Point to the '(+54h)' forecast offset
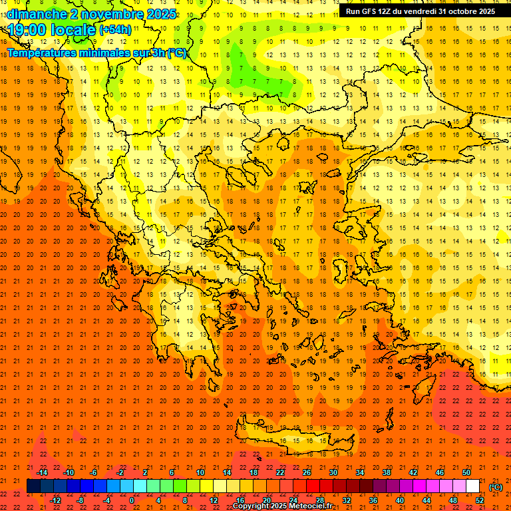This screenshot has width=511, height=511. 115,31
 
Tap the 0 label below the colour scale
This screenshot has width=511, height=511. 132,500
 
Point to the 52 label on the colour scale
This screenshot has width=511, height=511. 480,500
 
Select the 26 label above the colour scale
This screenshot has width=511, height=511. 307,472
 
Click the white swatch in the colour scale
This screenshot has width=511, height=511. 472,486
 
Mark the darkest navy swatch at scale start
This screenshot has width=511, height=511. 33,486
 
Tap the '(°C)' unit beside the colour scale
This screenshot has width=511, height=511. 495,487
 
